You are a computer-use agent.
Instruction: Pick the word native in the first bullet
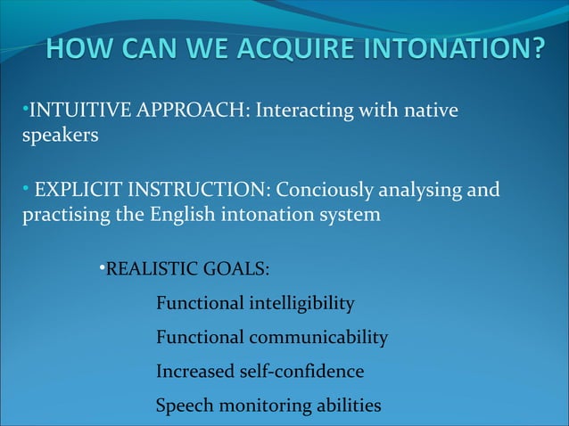coord(430,111)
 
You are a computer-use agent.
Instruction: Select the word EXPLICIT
coord(78,190)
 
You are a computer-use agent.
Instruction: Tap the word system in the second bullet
coord(350,216)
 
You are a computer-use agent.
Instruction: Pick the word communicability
coord(318,338)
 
